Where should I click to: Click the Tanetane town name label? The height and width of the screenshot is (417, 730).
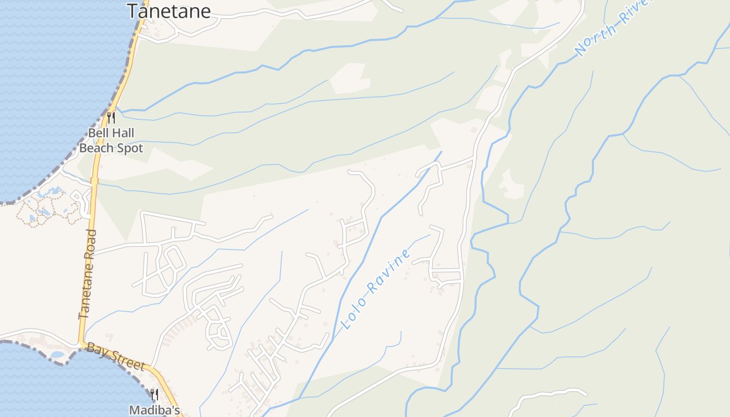coord(169,10)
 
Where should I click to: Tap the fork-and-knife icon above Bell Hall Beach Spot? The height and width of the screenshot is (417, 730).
coord(111,118)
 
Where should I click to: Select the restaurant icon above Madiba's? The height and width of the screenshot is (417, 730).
coord(154,395)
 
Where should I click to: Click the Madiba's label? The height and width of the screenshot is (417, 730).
coord(154,410)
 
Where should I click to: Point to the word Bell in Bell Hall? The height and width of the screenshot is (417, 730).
coord(98,133)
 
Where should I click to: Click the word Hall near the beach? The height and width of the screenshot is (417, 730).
coord(122,133)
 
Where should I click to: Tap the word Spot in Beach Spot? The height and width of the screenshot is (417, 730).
coord(130,148)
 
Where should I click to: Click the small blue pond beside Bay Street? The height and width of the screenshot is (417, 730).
coord(58,355)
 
